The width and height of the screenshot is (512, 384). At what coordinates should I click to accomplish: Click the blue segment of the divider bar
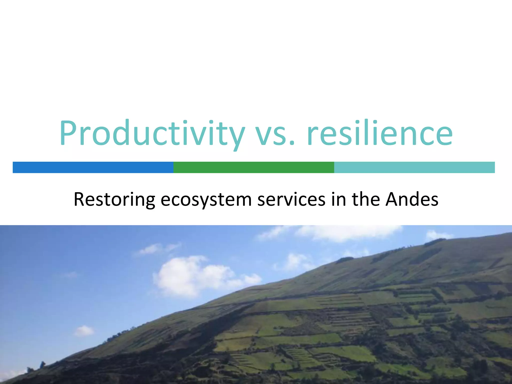93,167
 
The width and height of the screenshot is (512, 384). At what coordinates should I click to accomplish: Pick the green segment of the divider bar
254,167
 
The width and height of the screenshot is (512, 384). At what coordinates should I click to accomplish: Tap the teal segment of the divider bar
414,167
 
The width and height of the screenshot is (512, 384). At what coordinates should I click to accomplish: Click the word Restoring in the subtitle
114,199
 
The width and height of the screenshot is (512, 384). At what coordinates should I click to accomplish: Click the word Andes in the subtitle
412,199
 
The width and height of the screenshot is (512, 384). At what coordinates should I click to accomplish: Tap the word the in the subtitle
366,199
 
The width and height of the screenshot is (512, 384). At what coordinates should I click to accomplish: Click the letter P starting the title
69,133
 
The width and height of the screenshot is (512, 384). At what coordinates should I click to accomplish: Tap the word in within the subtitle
338,199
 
